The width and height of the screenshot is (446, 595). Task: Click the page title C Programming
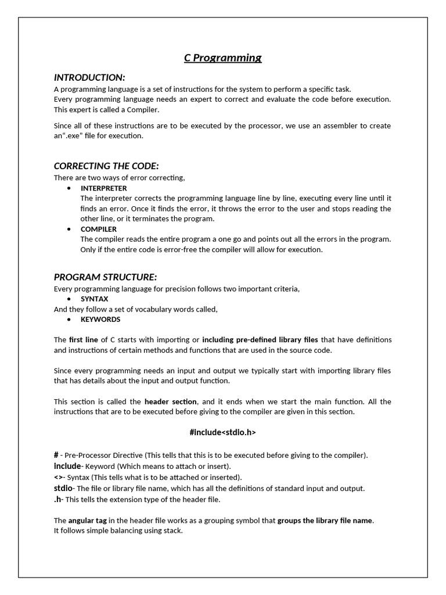coord(222,58)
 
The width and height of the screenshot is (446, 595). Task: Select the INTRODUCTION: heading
coord(89,77)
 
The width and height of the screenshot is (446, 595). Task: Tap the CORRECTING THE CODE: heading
coord(106,166)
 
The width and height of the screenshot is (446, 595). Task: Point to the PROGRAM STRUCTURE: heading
coord(106,277)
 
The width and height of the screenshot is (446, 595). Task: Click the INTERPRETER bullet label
coord(103,188)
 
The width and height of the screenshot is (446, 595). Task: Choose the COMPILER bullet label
coord(99,229)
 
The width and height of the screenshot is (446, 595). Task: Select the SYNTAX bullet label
coord(94,299)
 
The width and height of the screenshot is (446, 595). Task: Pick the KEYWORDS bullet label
coord(100,319)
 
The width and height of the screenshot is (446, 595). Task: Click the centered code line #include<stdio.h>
coord(222,432)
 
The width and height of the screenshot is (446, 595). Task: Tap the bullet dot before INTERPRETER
coord(70,188)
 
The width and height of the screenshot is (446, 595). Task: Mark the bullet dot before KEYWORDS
coord(70,319)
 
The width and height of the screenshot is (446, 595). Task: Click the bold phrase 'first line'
coord(84,339)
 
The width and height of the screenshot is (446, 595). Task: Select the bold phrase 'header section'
coord(171,402)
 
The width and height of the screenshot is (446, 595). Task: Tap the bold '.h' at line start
coord(57,499)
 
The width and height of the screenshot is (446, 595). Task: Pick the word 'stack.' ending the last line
coord(172,531)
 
